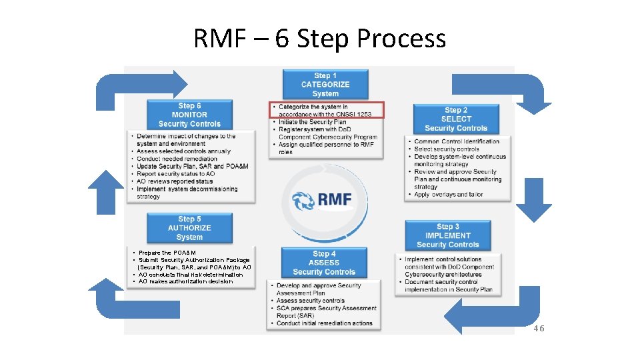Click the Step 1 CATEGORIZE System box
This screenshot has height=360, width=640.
(325, 85)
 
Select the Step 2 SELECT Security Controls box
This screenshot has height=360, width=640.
(456, 119)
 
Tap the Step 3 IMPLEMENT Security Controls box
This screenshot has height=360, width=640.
(447, 235)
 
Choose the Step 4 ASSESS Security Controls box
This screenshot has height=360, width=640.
(324, 263)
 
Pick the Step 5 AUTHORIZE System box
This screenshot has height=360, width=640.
(189, 228)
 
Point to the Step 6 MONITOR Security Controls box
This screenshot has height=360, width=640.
(189, 115)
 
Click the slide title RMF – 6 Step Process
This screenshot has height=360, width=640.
(319, 39)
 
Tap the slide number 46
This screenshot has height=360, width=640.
(538, 328)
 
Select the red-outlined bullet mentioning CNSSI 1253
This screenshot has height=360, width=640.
(327, 110)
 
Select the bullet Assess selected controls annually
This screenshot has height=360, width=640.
(183, 151)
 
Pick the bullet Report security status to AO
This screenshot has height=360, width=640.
(176, 174)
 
